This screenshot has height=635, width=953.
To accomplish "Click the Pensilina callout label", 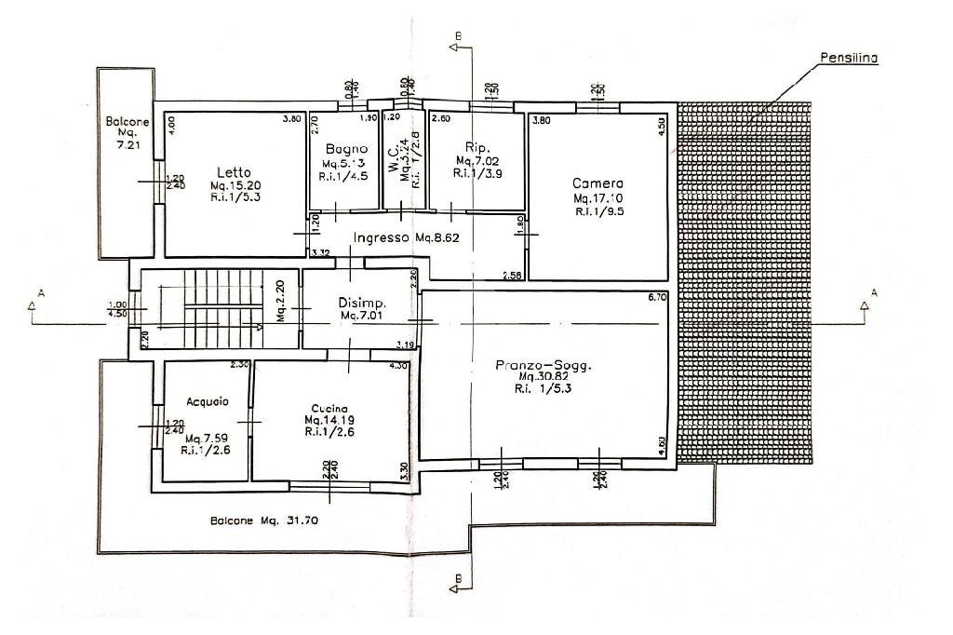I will pos(849,58).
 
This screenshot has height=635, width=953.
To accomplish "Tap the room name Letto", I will pos(232,172).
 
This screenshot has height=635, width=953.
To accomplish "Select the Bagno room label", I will pos(346,149).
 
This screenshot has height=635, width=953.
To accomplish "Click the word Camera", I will pos(597,183).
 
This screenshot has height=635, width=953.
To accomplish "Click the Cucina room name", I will pos(329,408).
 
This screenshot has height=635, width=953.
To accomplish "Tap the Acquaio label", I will pos(207,402).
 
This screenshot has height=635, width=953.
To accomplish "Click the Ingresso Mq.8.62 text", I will pos(406,238).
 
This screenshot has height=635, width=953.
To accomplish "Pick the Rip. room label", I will pos(476,148).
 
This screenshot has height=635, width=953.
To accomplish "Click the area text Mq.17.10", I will pos(597,199).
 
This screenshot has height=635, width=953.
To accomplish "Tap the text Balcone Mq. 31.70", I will pos(264,520).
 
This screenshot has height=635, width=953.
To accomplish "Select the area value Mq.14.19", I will pos(329,420).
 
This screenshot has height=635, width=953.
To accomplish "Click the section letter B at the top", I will pos(457,35).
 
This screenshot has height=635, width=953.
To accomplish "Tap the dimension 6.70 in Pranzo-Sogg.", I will pos(658,298).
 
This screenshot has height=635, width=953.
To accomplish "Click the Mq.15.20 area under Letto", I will pos(232,185).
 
